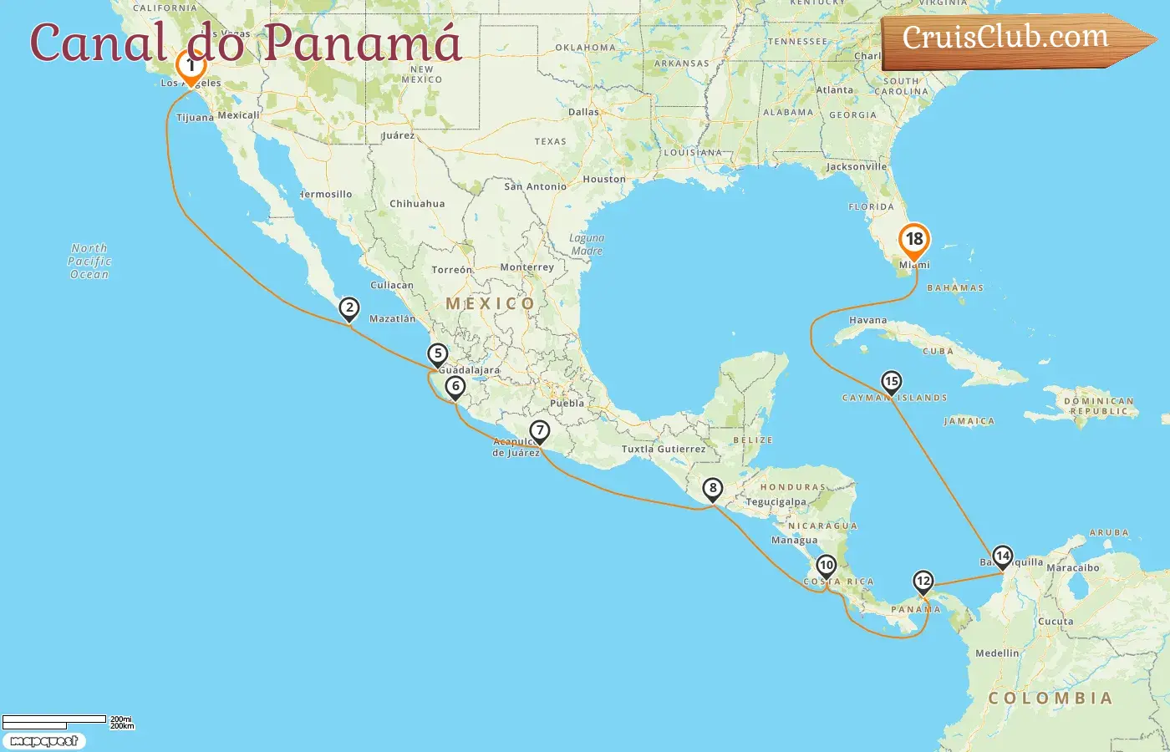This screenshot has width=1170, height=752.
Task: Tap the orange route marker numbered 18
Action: (914, 241)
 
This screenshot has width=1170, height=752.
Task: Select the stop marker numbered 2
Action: (349, 309)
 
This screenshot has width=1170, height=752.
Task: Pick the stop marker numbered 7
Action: (540, 432)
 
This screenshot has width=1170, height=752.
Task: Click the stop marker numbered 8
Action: (712, 489)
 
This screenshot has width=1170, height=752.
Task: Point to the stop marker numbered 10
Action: (826, 567)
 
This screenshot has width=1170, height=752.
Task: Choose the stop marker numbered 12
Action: (923, 582)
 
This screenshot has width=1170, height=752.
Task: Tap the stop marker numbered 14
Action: (1002, 556)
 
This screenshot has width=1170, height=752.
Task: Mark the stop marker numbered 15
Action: (892, 383)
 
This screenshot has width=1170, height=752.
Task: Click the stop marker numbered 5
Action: (437, 354)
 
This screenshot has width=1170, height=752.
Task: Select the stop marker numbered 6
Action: (455, 387)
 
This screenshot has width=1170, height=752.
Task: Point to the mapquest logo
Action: (43, 741)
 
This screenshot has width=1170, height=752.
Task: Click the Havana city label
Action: (867, 320)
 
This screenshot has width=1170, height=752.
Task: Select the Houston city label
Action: (604, 179)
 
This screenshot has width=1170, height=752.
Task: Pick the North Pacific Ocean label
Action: (89, 261)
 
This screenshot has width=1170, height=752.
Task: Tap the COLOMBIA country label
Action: (1050, 699)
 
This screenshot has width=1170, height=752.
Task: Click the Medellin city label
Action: (997, 653)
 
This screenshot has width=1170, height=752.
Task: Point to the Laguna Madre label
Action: (587, 244)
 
